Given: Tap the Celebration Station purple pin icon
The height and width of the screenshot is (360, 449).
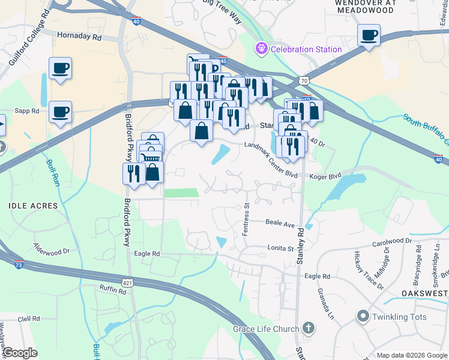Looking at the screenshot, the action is (x=261, y=48).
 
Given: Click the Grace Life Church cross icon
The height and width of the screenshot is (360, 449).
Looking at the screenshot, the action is (x=308, y=328).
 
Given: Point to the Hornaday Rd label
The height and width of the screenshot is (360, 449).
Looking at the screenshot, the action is (x=79, y=36).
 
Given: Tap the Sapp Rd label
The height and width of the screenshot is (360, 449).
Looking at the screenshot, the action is (x=26, y=111).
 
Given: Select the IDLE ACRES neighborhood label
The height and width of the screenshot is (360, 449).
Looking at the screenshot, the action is (x=33, y=206).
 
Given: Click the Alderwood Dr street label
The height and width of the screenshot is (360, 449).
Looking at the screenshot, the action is (x=52, y=247).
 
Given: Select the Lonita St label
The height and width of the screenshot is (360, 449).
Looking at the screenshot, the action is (x=281, y=247).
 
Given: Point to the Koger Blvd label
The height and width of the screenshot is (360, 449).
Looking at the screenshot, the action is (x=325, y=176).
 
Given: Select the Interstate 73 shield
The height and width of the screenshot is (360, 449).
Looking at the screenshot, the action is (x=20, y=264).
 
